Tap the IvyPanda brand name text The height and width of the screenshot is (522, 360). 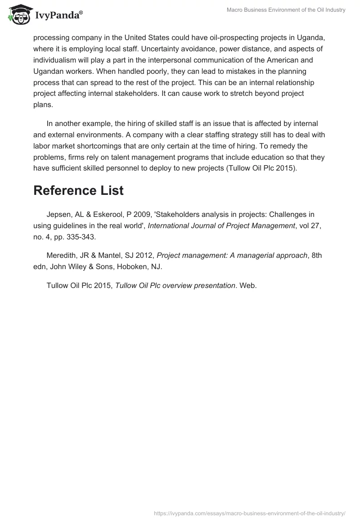58,15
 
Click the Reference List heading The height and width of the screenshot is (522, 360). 78,190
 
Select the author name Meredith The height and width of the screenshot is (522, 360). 62,255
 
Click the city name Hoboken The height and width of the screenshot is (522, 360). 135,266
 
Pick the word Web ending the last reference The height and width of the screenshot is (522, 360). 247,285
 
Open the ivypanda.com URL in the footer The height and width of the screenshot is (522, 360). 249,513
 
